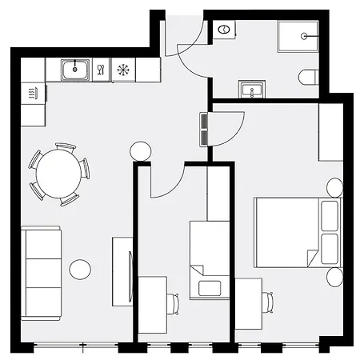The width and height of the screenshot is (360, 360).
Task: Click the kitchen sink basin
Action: pos(77,70)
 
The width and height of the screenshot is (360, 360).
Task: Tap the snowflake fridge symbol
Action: pos(123,70)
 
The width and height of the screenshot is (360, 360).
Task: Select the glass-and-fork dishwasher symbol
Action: pos(102,70)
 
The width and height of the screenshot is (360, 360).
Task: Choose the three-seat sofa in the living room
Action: pos(41,273)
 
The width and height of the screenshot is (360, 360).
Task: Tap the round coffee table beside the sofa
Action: pos(80,270)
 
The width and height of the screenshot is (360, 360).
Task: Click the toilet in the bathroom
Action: pos(310,78)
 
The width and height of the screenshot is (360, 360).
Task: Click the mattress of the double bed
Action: pos(286,232)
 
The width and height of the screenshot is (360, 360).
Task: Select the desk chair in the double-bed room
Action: pos(270,302)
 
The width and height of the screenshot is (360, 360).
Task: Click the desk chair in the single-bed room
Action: pos(174,302)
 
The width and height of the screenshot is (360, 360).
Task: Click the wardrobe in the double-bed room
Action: pos(330,131)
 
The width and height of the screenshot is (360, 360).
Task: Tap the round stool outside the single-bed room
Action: pos(140,150)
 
